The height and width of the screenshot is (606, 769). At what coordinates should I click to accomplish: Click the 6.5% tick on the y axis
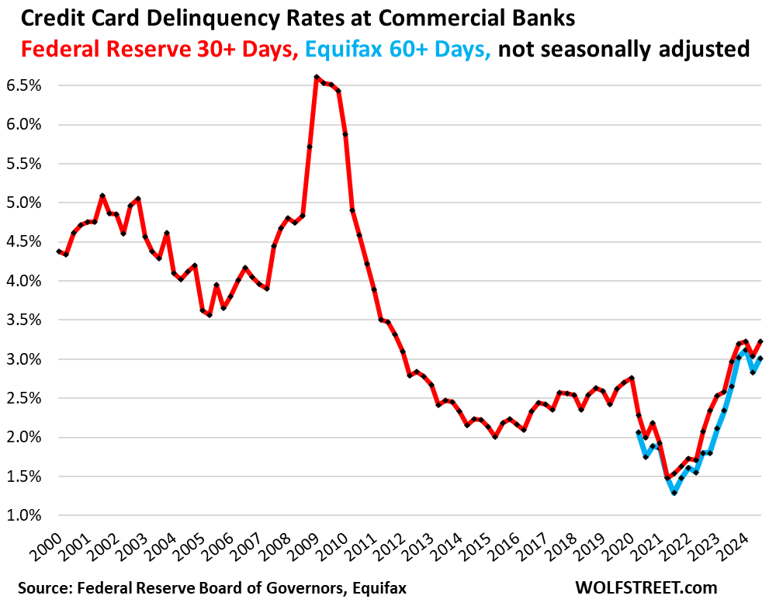point(24,85)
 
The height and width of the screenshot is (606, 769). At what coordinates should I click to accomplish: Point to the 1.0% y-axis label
point(24,515)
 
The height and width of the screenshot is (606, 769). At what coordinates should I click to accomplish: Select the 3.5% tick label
point(24,320)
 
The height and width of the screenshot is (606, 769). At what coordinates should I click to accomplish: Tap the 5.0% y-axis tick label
point(24,203)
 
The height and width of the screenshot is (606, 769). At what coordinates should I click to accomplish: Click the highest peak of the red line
point(317,77)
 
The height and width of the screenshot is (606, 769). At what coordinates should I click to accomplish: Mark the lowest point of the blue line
point(674,493)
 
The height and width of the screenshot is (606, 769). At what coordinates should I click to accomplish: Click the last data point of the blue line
point(760,358)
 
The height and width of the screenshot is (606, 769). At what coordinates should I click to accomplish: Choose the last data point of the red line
point(760,341)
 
